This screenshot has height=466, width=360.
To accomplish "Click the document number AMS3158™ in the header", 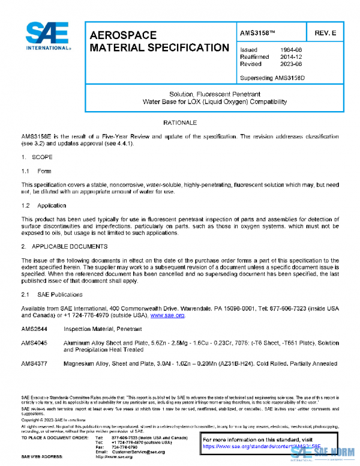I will tap(259, 31).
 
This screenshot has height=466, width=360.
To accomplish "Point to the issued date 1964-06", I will tap(292, 49).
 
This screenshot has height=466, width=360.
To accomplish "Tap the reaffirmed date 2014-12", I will tap(292, 56).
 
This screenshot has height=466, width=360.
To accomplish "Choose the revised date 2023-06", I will tap(292, 64).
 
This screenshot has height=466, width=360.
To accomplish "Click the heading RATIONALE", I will tap(180, 123).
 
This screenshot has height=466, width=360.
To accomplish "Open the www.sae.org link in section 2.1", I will tap(167, 315).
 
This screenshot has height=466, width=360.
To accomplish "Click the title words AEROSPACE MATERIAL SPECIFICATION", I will tap(158, 41).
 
